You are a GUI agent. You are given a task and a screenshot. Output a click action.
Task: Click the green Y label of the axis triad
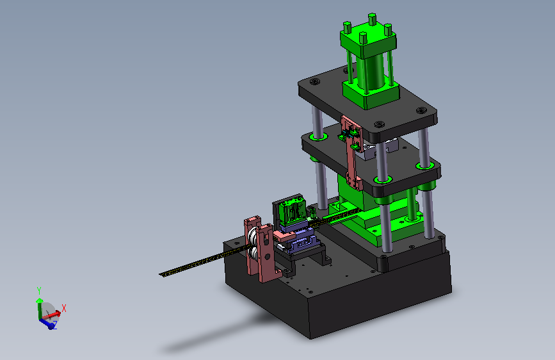39,291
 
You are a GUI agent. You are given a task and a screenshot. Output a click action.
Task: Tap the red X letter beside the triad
64,308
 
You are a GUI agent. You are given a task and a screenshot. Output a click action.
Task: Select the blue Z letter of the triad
55,325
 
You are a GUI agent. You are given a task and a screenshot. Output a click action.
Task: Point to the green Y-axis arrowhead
39,300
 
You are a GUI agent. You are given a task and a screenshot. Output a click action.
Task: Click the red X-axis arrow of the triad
52,315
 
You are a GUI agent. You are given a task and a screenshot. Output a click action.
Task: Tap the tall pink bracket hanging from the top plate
353,153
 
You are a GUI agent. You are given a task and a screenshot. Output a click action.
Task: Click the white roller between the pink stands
253,245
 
